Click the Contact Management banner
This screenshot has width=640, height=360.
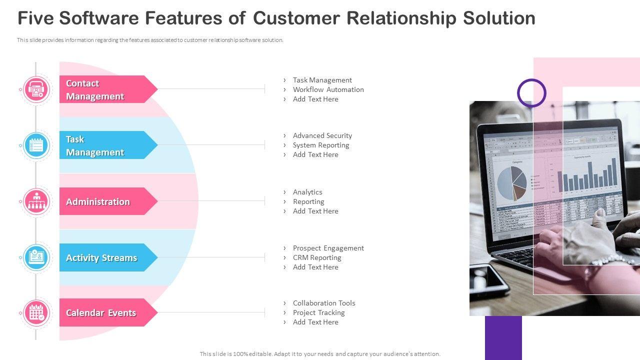point(105,89)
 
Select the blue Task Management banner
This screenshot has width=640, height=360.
point(105,145)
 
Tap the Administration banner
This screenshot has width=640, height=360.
point(105,201)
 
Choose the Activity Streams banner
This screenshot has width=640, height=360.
point(105,257)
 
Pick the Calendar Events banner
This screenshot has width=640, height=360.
point(105,312)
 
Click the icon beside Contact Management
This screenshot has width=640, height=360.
point(36,89)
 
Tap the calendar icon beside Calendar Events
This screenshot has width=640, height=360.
point(36,313)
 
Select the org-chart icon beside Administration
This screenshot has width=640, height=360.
point(36,201)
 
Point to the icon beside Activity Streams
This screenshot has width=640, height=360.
point(36,257)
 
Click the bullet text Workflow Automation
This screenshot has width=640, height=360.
point(328,89)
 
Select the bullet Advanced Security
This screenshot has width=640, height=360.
point(322,135)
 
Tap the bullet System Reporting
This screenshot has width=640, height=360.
point(320,145)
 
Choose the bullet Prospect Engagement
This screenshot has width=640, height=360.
point(328,248)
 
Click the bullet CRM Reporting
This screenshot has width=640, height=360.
point(316,257)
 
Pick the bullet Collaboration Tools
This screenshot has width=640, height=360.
point(323,303)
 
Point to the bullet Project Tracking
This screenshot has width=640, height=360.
point(318,312)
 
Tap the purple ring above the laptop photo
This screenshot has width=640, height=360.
point(531,92)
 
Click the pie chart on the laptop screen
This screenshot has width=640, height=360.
point(511,183)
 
